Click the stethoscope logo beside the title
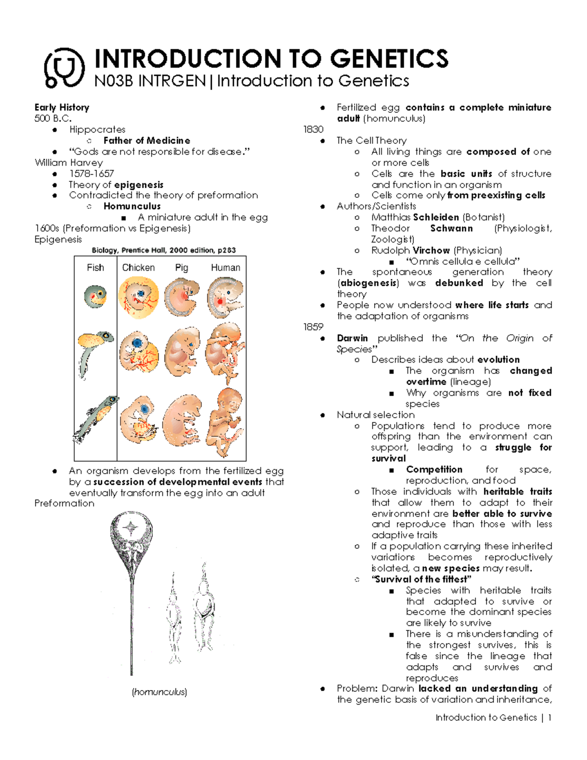pos(64,68)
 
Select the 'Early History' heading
pos(62,107)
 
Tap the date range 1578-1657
pos(91,174)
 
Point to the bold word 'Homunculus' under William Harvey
pos(132,206)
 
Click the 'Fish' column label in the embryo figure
pos(95,268)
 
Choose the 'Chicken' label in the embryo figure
pos(138,268)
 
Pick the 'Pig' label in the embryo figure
pos(181,268)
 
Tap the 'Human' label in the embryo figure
pos(226,268)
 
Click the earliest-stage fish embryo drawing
pos(95,297)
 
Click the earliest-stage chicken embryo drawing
pos(138,298)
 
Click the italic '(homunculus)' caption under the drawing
pos(159,692)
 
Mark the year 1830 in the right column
pos(313,129)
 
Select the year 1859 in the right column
pos(313,327)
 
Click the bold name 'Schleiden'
pos(436,217)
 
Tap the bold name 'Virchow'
pos(431,250)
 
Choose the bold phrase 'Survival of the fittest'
pos(421,579)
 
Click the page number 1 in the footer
pos(550,717)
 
